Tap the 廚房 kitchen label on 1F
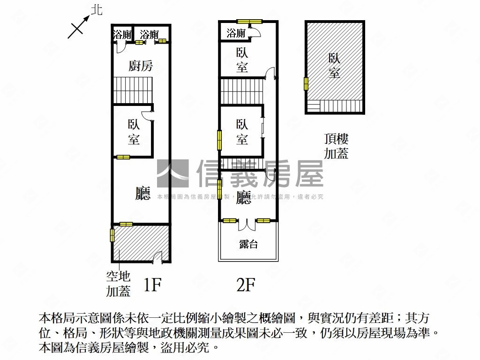pyautogui.click(x=141, y=66)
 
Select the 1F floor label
pyautogui.click(x=152, y=285)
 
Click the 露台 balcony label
pyautogui.click(x=248, y=244)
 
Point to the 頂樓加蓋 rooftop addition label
pyautogui.click(x=336, y=146)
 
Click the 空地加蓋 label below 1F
pyautogui.click(x=118, y=285)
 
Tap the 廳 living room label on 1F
pyautogui.click(x=142, y=193)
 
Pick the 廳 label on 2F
pyautogui.click(x=243, y=197)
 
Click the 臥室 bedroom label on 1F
pyautogui.click(x=134, y=132)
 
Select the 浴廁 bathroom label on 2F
pyautogui.click(x=236, y=33)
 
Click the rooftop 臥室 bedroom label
pyautogui.click(x=334, y=66)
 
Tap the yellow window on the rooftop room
pyautogui.click(x=306, y=84)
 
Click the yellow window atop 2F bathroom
pyautogui.click(x=249, y=21)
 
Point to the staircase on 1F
pyautogui.click(x=133, y=90)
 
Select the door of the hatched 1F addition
pyautogui.click(x=158, y=256)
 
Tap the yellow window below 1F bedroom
pyautogui.click(x=123, y=157)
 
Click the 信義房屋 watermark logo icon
pyautogui.click(x=172, y=174)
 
